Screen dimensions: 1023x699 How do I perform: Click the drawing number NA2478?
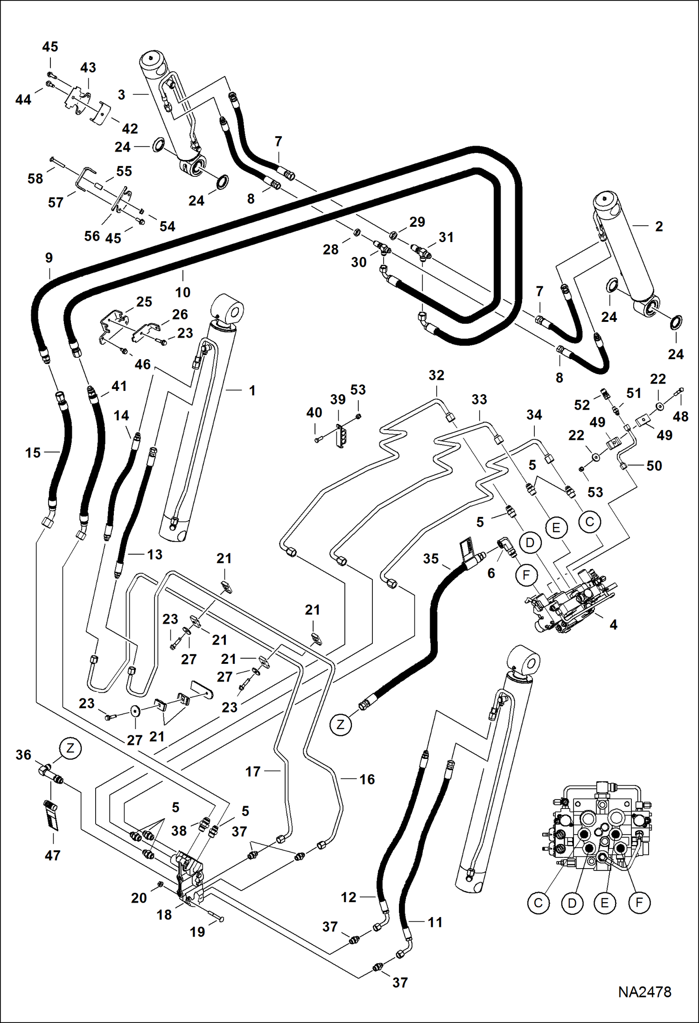(644, 992)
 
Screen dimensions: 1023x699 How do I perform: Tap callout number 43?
(88, 68)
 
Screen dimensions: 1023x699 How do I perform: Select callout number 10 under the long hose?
(182, 292)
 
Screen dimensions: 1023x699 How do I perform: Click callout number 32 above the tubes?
(436, 375)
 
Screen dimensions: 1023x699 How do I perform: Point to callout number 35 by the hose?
(431, 558)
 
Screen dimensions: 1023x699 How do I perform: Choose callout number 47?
(52, 856)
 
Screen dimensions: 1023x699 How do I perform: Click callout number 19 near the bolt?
(197, 932)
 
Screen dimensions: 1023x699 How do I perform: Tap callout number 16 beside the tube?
(367, 779)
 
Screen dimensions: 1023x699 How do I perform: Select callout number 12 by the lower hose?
(348, 897)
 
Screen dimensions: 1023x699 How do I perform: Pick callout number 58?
(35, 178)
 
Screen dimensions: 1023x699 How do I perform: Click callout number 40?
(314, 412)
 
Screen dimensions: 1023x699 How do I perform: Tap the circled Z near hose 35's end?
(341, 724)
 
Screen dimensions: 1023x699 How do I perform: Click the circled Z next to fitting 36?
(70, 749)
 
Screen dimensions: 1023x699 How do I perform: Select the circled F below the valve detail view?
(639, 903)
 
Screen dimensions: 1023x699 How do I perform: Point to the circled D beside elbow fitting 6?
(530, 543)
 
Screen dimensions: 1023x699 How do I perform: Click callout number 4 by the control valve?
(613, 624)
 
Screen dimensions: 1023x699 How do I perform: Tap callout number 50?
(654, 466)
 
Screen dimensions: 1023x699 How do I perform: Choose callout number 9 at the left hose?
(49, 258)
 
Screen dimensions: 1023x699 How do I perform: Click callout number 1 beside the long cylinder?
(252, 390)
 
